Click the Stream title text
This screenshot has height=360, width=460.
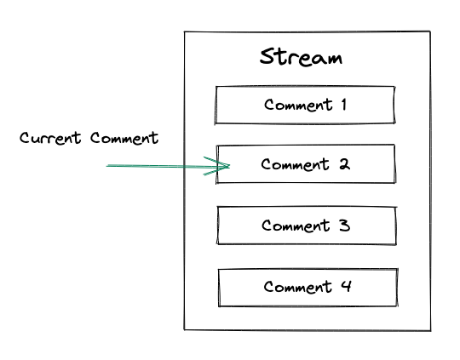[301, 58]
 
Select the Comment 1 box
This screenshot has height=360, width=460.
[305, 106]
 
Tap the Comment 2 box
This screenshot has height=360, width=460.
[305, 164]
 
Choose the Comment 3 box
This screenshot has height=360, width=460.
[306, 226]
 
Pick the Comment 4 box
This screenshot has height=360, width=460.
[307, 288]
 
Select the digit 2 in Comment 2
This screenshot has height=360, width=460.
[344, 164]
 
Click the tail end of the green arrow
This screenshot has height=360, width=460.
[109, 166]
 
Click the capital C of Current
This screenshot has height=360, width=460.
[25, 138]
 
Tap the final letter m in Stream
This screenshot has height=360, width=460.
[334, 60]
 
